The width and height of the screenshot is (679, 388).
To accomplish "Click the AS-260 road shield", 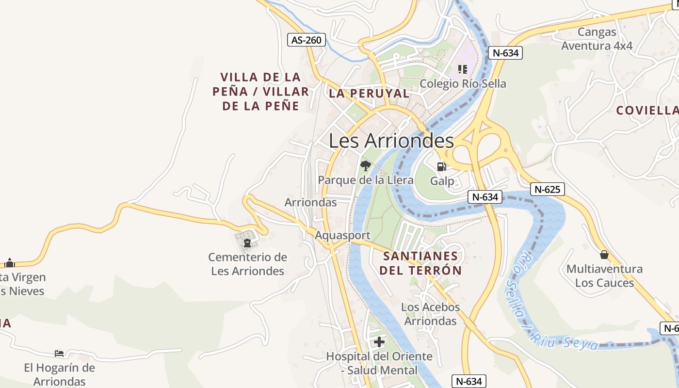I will pyautogui.click(x=307, y=40).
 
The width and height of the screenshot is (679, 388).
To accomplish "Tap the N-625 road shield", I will pyautogui.click(x=548, y=189).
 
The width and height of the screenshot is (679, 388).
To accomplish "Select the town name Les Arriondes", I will pyautogui.click(x=391, y=141).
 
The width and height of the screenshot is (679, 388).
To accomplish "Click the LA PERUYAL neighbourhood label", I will pyautogui.click(x=369, y=93).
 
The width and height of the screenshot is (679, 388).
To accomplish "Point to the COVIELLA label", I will pyautogui.click(x=647, y=110).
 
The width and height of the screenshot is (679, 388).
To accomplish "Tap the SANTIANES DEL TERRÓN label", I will pyautogui.click(x=420, y=263).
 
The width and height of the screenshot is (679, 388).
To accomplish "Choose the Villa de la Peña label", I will pyautogui.click(x=260, y=91).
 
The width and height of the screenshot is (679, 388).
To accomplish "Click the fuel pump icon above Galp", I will pyautogui.click(x=441, y=167).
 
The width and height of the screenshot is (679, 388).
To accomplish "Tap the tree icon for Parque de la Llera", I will pyautogui.click(x=366, y=166).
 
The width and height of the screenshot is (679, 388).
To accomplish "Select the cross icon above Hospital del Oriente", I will pyautogui.click(x=379, y=342).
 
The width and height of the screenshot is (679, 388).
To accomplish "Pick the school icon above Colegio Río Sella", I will pyautogui.click(x=463, y=69).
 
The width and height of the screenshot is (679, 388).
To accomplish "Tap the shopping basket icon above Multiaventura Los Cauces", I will pyautogui.click(x=604, y=255).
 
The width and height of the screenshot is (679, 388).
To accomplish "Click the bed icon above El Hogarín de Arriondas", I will pyautogui.click(x=59, y=353).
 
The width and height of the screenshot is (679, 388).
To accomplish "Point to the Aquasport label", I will pyautogui.click(x=342, y=235).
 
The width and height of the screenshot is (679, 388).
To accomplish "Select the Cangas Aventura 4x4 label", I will pyautogui.click(x=597, y=39).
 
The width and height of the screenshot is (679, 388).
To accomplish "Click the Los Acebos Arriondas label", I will pyautogui.click(x=431, y=314).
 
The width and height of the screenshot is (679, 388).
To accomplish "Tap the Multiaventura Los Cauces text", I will pyautogui.click(x=604, y=275).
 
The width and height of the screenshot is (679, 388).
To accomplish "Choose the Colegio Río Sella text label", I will pyautogui.click(x=463, y=83).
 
